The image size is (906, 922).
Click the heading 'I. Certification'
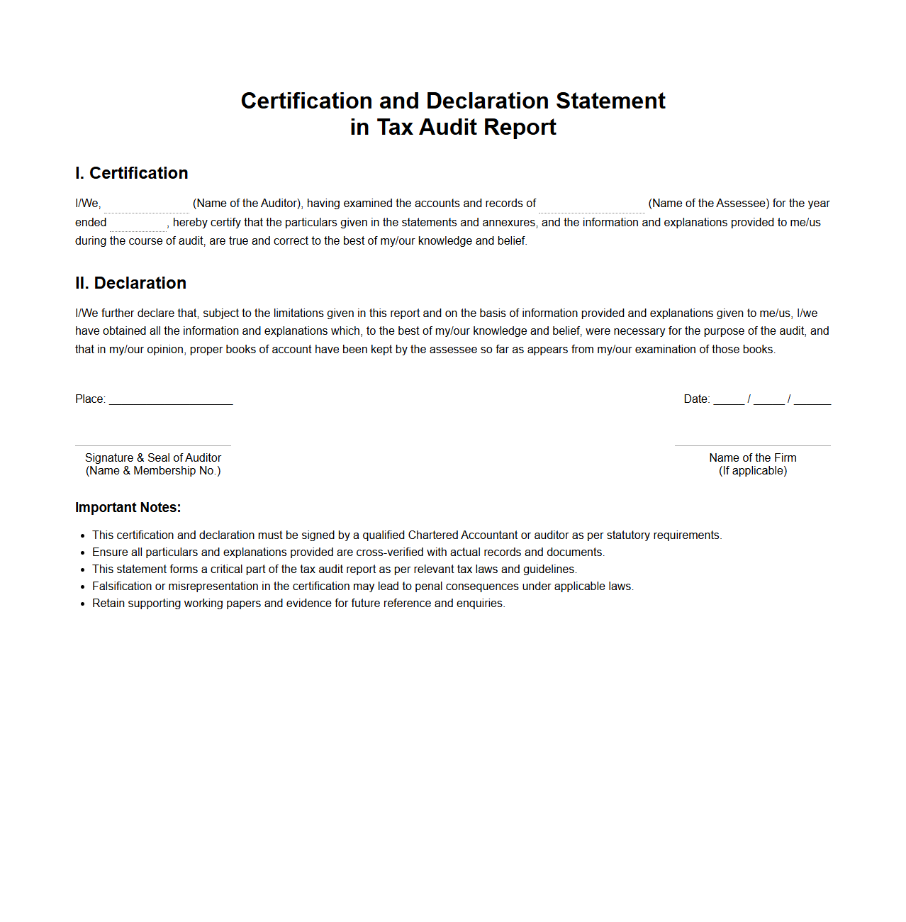point(131,173)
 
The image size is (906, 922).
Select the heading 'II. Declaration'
point(130,283)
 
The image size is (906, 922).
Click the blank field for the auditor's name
point(147,204)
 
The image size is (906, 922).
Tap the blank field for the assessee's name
point(592,204)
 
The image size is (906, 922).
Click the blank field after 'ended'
point(138,223)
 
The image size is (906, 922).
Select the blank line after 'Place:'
point(171,399)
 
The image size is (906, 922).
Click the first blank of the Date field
point(729,399)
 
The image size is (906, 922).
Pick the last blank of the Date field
point(812,399)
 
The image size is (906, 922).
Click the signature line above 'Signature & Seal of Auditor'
point(153,445)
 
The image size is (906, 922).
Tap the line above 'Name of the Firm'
point(753,445)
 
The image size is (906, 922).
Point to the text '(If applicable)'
point(753,471)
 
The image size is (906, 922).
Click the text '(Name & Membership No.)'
point(153,471)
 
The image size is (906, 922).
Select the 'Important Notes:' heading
point(128,508)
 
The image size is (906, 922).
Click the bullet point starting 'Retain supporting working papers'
point(298,604)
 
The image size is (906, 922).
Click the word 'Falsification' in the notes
point(122,587)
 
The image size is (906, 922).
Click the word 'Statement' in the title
point(610,101)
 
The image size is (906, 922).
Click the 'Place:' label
point(90,399)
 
